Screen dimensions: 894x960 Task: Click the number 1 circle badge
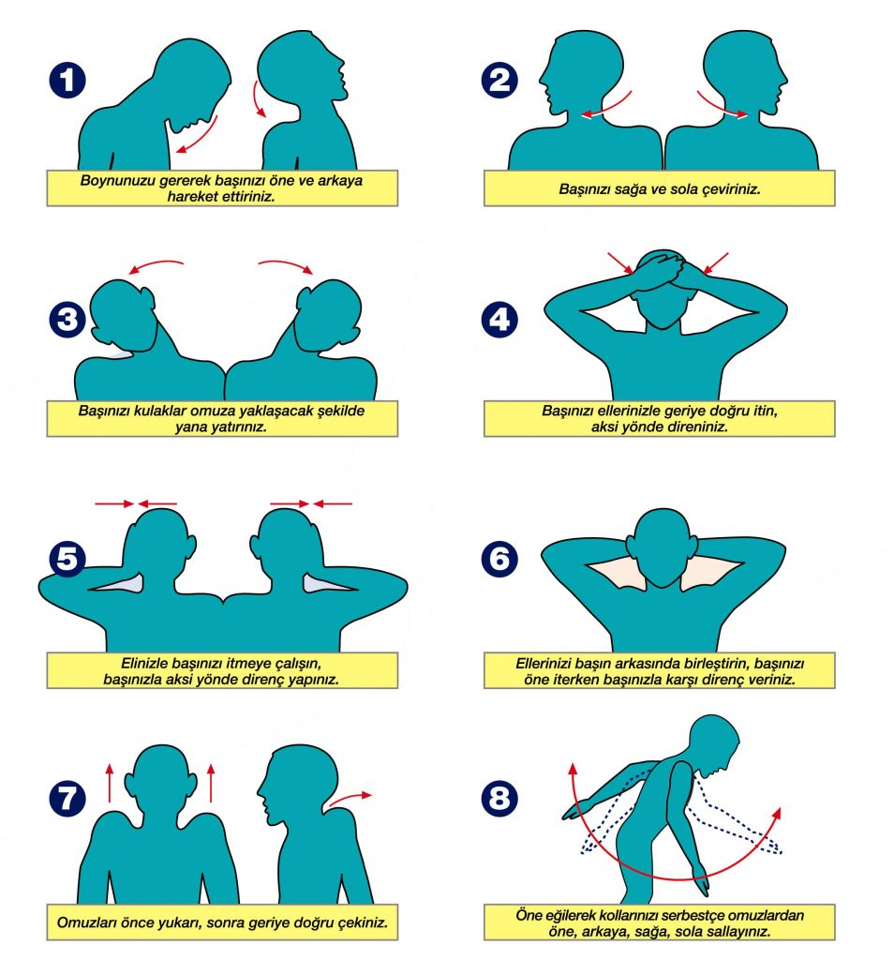click(67, 81)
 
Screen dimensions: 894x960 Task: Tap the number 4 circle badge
click(499, 319)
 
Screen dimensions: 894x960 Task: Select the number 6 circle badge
click(499, 559)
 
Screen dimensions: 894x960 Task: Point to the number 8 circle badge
click(499, 798)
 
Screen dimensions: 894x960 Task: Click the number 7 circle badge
click(67, 798)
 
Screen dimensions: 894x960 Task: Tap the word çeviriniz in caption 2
click(731, 189)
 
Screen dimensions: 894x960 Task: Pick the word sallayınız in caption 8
click(738, 932)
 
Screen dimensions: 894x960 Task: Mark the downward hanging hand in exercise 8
click(702, 880)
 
